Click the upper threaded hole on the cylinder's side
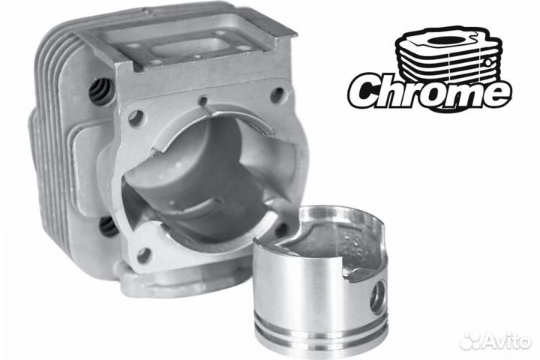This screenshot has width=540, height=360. pos(100,90)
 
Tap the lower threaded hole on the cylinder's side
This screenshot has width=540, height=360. pos(107,227)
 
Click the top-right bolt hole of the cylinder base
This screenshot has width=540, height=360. pos(277,94)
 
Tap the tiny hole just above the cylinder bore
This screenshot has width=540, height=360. pos(204,101)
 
